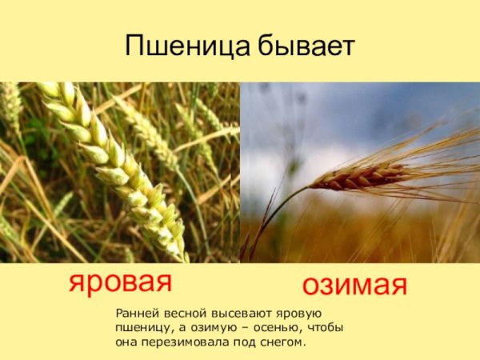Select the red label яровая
[x=121, y=282]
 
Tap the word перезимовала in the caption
[x=185, y=342]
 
